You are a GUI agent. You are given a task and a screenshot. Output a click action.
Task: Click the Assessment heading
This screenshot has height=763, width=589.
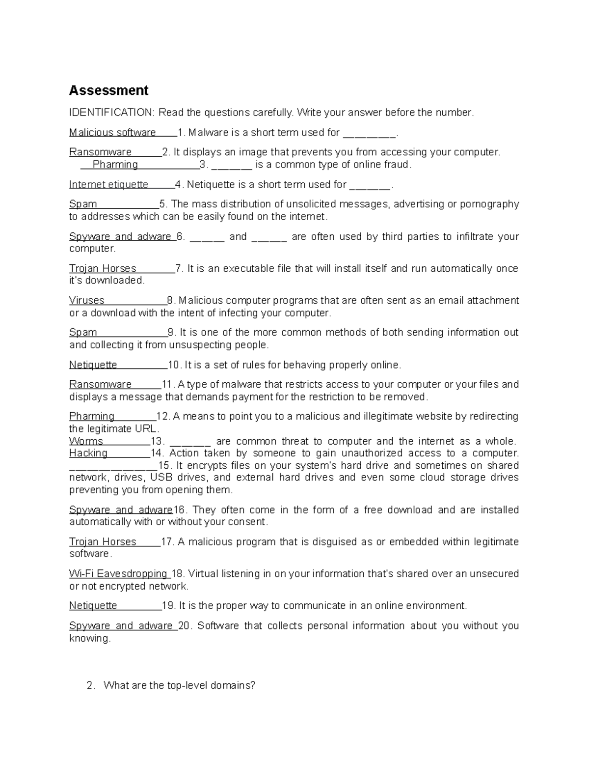108,90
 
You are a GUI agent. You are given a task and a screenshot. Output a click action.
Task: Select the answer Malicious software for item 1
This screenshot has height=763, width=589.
112,133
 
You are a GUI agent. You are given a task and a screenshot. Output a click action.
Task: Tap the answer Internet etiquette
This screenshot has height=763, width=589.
108,185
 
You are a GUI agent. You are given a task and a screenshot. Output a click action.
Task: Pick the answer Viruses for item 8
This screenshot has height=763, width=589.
87,301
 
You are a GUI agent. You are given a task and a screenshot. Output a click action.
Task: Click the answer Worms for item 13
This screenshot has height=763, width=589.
86,441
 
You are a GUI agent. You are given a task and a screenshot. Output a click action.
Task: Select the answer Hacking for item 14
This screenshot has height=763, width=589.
88,453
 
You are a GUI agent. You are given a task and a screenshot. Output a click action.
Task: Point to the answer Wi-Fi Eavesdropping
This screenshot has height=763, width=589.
118,574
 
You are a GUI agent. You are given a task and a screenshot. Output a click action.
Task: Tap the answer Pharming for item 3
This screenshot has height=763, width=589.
115,165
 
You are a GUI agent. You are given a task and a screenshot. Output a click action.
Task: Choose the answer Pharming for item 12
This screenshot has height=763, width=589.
92,417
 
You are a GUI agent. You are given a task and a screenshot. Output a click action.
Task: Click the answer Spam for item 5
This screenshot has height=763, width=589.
83,204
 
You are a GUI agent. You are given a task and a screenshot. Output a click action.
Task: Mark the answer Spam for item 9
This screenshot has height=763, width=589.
83,333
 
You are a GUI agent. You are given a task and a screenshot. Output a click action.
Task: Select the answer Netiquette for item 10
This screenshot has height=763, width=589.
93,365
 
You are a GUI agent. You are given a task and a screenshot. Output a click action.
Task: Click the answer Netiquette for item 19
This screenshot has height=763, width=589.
93,606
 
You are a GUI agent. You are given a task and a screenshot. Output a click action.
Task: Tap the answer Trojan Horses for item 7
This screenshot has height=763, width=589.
103,269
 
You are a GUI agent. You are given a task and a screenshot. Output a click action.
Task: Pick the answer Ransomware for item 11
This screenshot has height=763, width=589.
101,384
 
